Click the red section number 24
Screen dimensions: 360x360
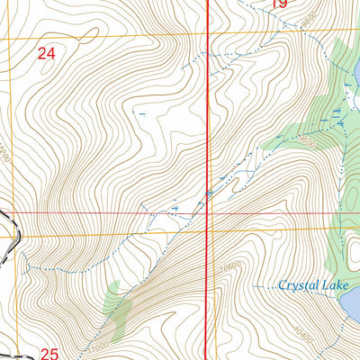pyautogui.click(x=47, y=54)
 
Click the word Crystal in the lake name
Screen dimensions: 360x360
pyautogui.click(x=297, y=285)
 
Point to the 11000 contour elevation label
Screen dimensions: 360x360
pyautogui.click(x=98, y=345)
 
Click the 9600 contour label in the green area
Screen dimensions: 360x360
pyautogui.click(x=308, y=142)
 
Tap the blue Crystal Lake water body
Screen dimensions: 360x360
pyautogui.click(x=353, y=304)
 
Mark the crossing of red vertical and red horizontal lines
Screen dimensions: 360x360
pyautogui.click(x=209, y=213)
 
